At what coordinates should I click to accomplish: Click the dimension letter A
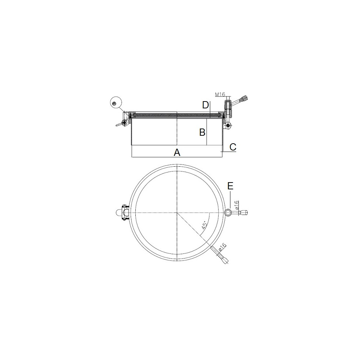[177, 152]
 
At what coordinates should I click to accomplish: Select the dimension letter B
[202, 132]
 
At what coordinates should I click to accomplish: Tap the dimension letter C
[233, 147]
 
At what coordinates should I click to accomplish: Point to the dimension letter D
[206, 105]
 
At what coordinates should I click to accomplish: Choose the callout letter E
[230, 186]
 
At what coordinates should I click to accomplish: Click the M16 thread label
[220, 94]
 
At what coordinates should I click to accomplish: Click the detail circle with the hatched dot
[116, 103]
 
